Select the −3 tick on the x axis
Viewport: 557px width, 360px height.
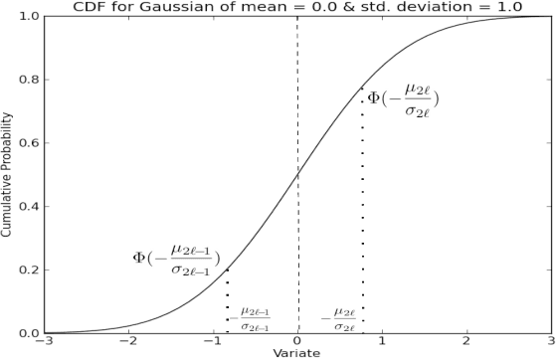[43, 343]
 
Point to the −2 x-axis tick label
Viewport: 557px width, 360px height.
[126, 343]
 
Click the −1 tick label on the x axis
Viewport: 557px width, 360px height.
[211, 343]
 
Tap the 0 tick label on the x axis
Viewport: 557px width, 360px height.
[297, 343]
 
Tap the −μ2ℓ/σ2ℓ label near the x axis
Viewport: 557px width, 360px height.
[339, 318]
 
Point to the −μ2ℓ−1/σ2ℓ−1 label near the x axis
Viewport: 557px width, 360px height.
[251, 318]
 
